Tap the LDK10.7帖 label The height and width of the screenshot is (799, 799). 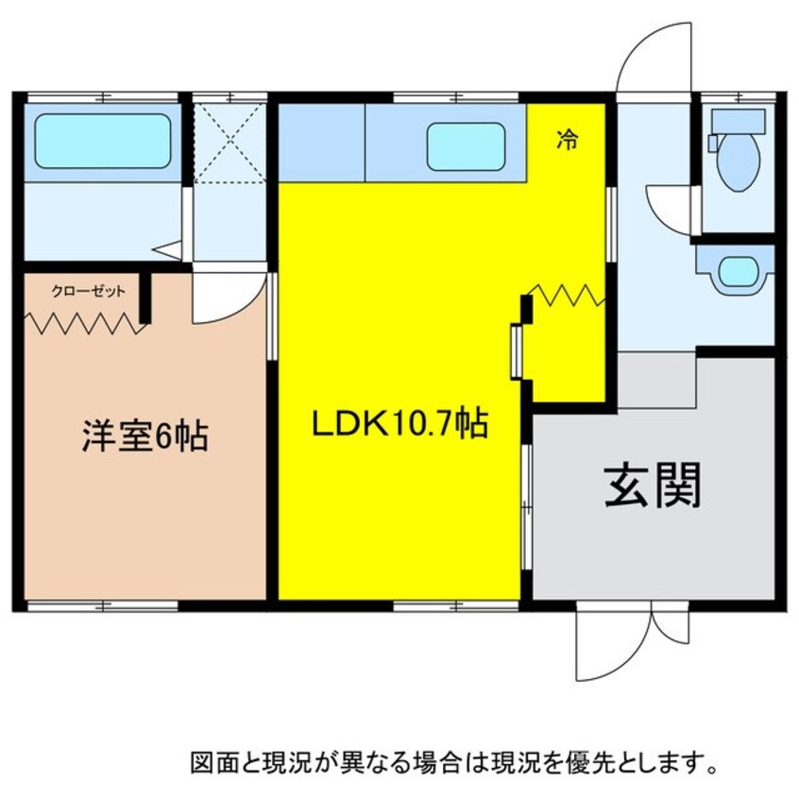pos(399,425)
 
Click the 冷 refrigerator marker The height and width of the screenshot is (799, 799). pos(567,142)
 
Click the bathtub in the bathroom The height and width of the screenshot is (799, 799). pos(103,142)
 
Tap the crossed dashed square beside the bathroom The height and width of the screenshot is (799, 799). pos(229,142)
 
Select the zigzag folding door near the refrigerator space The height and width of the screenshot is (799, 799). pos(567,295)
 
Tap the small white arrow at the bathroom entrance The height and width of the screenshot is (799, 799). pos(167,250)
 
